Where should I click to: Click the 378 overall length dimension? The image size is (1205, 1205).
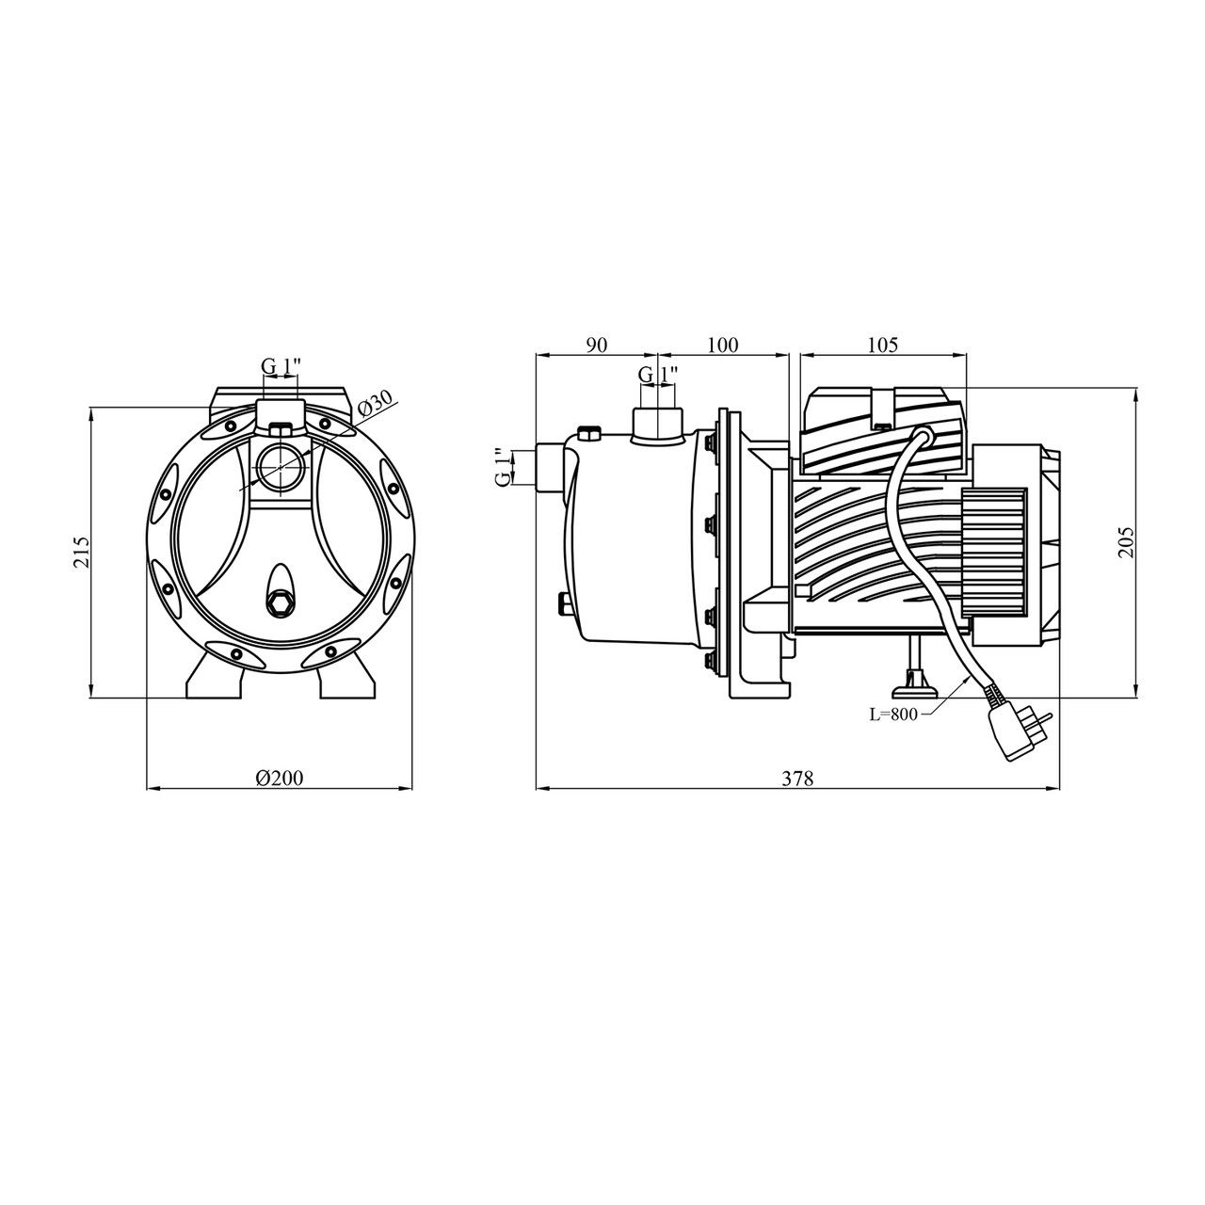(x=797, y=779)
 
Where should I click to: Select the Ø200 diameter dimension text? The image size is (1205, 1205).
(x=279, y=778)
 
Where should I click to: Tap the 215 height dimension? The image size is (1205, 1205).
(x=82, y=552)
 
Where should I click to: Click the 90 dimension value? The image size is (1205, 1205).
(x=597, y=345)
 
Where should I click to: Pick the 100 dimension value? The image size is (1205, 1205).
(x=722, y=345)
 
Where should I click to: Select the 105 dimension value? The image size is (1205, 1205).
(x=882, y=345)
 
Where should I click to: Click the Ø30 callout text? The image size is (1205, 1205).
(x=376, y=404)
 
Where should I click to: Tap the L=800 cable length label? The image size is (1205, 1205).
(x=893, y=715)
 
